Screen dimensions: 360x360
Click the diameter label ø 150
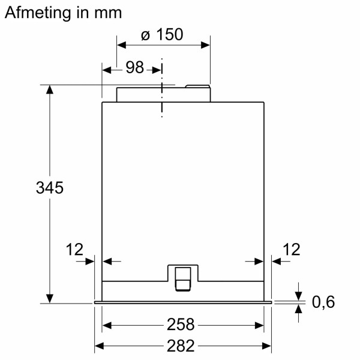[x=161, y=35]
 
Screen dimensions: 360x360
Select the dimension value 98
[x=135, y=68]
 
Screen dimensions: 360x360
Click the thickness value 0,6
[x=323, y=302]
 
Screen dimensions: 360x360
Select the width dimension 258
[x=181, y=325]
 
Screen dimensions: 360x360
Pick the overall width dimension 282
[x=181, y=346]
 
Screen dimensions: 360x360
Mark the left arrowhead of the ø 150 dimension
[x=121, y=44]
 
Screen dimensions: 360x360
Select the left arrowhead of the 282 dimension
[x=100, y=346]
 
